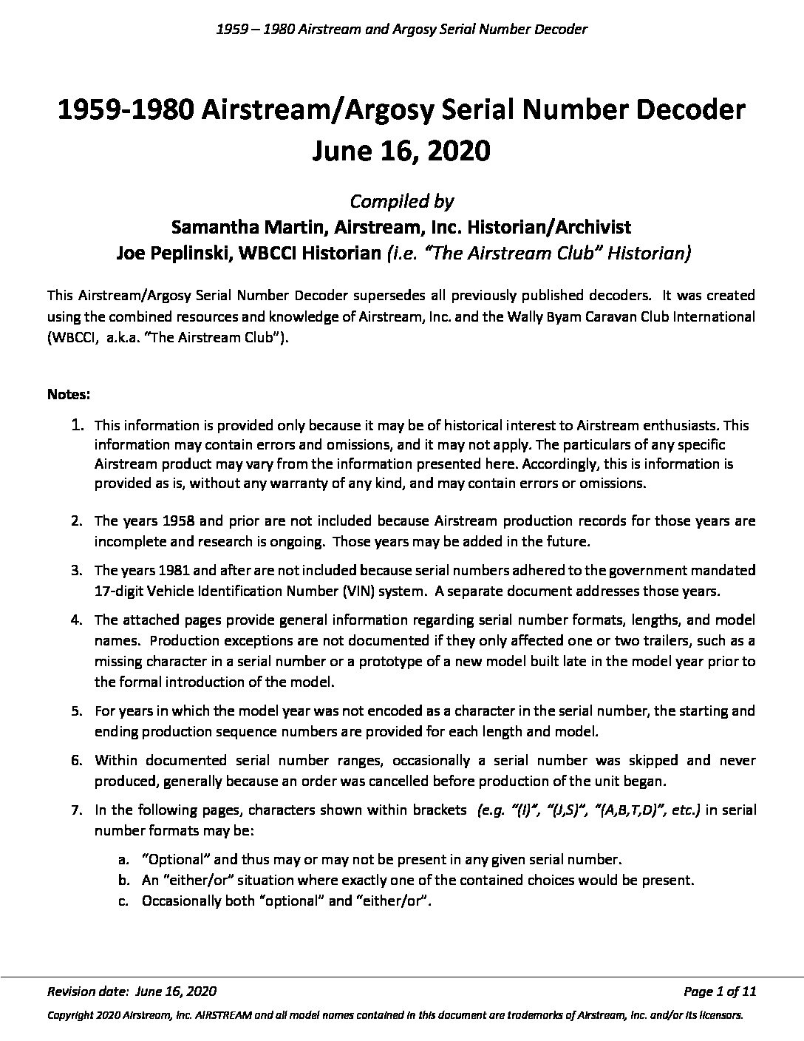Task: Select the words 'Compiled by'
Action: pyautogui.click(x=401, y=200)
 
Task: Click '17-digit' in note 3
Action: pyautogui.click(x=120, y=591)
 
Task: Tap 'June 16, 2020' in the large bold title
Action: pyautogui.click(x=401, y=151)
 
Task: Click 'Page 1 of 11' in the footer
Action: pyautogui.click(x=720, y=991)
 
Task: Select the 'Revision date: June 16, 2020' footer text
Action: pyautogui.click(x=132, y=991)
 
